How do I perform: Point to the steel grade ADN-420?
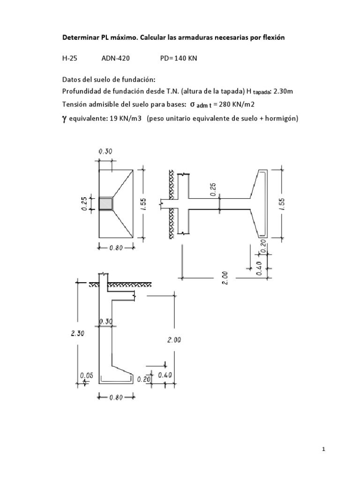click(116, 60)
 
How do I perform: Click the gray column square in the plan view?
click(106, 204)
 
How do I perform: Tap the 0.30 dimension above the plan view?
click(105, 151)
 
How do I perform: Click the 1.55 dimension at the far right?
click(288, 202)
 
